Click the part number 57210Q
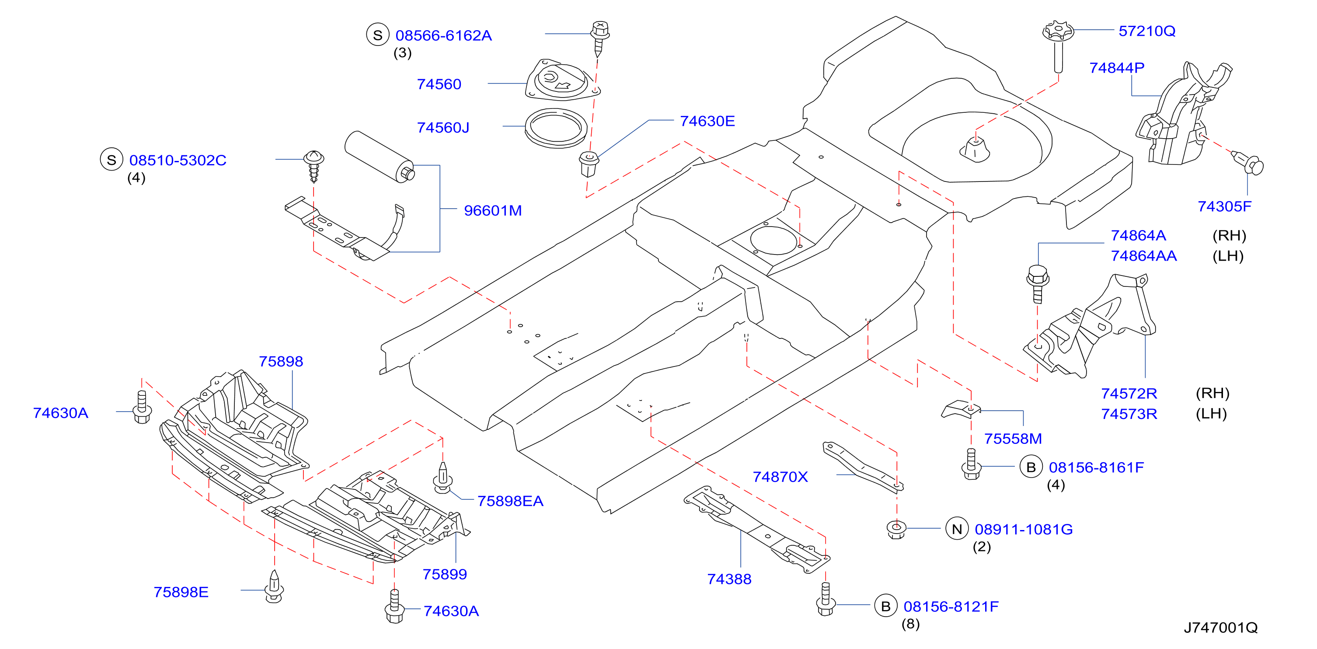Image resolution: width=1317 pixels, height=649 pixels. [1147, 31]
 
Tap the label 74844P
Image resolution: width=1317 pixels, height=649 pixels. [1117, 67]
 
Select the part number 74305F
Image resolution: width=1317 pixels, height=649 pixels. [1224, 206]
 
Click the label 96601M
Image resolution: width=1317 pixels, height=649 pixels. [493, 210]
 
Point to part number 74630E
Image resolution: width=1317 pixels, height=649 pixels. [707, 121]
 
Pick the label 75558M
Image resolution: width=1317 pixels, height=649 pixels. [1013, 438]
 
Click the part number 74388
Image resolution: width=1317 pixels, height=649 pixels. [729, 579]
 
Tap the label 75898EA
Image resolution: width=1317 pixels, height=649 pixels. [510, 501]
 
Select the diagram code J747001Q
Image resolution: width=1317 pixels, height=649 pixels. [1221, 628]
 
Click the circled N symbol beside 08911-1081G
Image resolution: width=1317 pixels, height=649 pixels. [957, 529]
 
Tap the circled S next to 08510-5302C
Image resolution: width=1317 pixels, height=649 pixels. [111, 160]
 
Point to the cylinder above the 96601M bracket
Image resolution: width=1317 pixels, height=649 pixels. [380, 157]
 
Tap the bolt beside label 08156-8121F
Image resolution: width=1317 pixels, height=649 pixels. [826, 600]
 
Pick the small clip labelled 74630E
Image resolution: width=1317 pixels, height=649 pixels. [589, 164]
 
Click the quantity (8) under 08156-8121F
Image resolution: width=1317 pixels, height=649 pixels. [910, 624]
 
